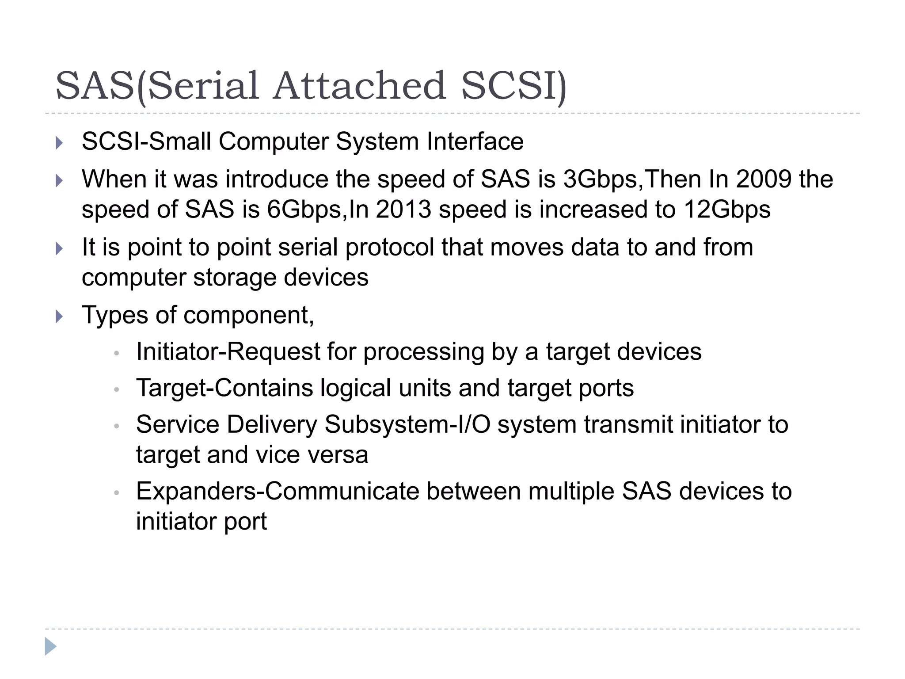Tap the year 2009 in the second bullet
point(764,179)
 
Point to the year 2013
point(403,210)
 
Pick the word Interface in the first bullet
point(475,142)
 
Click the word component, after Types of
point(248,316)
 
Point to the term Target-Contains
point(224,388)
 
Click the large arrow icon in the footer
point(50,646)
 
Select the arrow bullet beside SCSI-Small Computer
point(60,143)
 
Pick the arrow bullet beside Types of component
point(60,317)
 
